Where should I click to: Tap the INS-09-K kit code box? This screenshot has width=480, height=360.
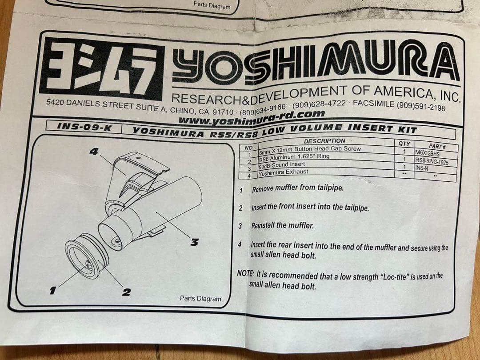(84, 127)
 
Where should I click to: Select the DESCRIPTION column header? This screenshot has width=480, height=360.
(324, 141)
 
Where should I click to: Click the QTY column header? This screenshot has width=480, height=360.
(404, 144)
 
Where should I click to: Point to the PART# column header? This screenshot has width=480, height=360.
(437, 146)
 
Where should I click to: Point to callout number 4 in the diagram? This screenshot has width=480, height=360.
(93, 151)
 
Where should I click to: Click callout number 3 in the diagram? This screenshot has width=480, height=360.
(194, 242)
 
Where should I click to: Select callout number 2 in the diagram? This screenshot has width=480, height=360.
(126, 292)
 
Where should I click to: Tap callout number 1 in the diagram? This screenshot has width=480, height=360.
(52, 291)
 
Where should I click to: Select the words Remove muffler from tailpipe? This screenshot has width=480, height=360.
(297, 188)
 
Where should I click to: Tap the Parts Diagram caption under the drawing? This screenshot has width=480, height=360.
(200, 299)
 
